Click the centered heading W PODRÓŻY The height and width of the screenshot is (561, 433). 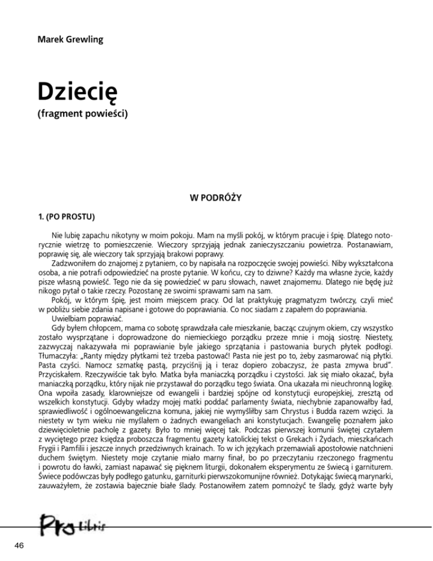216,198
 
